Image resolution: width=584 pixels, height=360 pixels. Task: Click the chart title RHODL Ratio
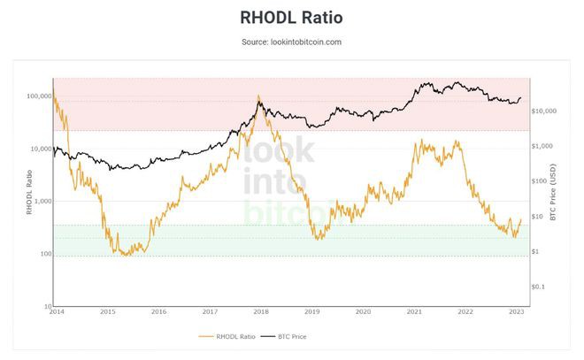coord(291,18)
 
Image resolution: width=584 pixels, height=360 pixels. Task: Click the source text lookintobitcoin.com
coord(291,42)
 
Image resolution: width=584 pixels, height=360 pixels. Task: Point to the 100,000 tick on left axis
coord(40,96)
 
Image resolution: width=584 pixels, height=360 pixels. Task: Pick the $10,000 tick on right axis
coord(542,111)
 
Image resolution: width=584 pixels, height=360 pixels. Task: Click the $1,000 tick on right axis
coord(541,146)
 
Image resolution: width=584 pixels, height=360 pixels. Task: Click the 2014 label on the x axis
coord(57,312)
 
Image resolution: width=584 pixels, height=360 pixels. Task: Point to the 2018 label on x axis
coord(261,312)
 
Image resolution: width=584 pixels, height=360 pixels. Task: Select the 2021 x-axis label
coord(414,312)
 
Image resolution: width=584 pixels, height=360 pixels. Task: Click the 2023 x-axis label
coord(516,312)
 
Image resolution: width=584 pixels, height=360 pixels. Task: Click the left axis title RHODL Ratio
coord(28,195)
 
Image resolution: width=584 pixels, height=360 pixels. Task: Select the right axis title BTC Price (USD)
coord(553,195)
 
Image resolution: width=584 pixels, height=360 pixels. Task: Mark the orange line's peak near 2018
coord(258,96)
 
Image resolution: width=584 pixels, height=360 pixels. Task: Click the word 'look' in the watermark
coord(278,153)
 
